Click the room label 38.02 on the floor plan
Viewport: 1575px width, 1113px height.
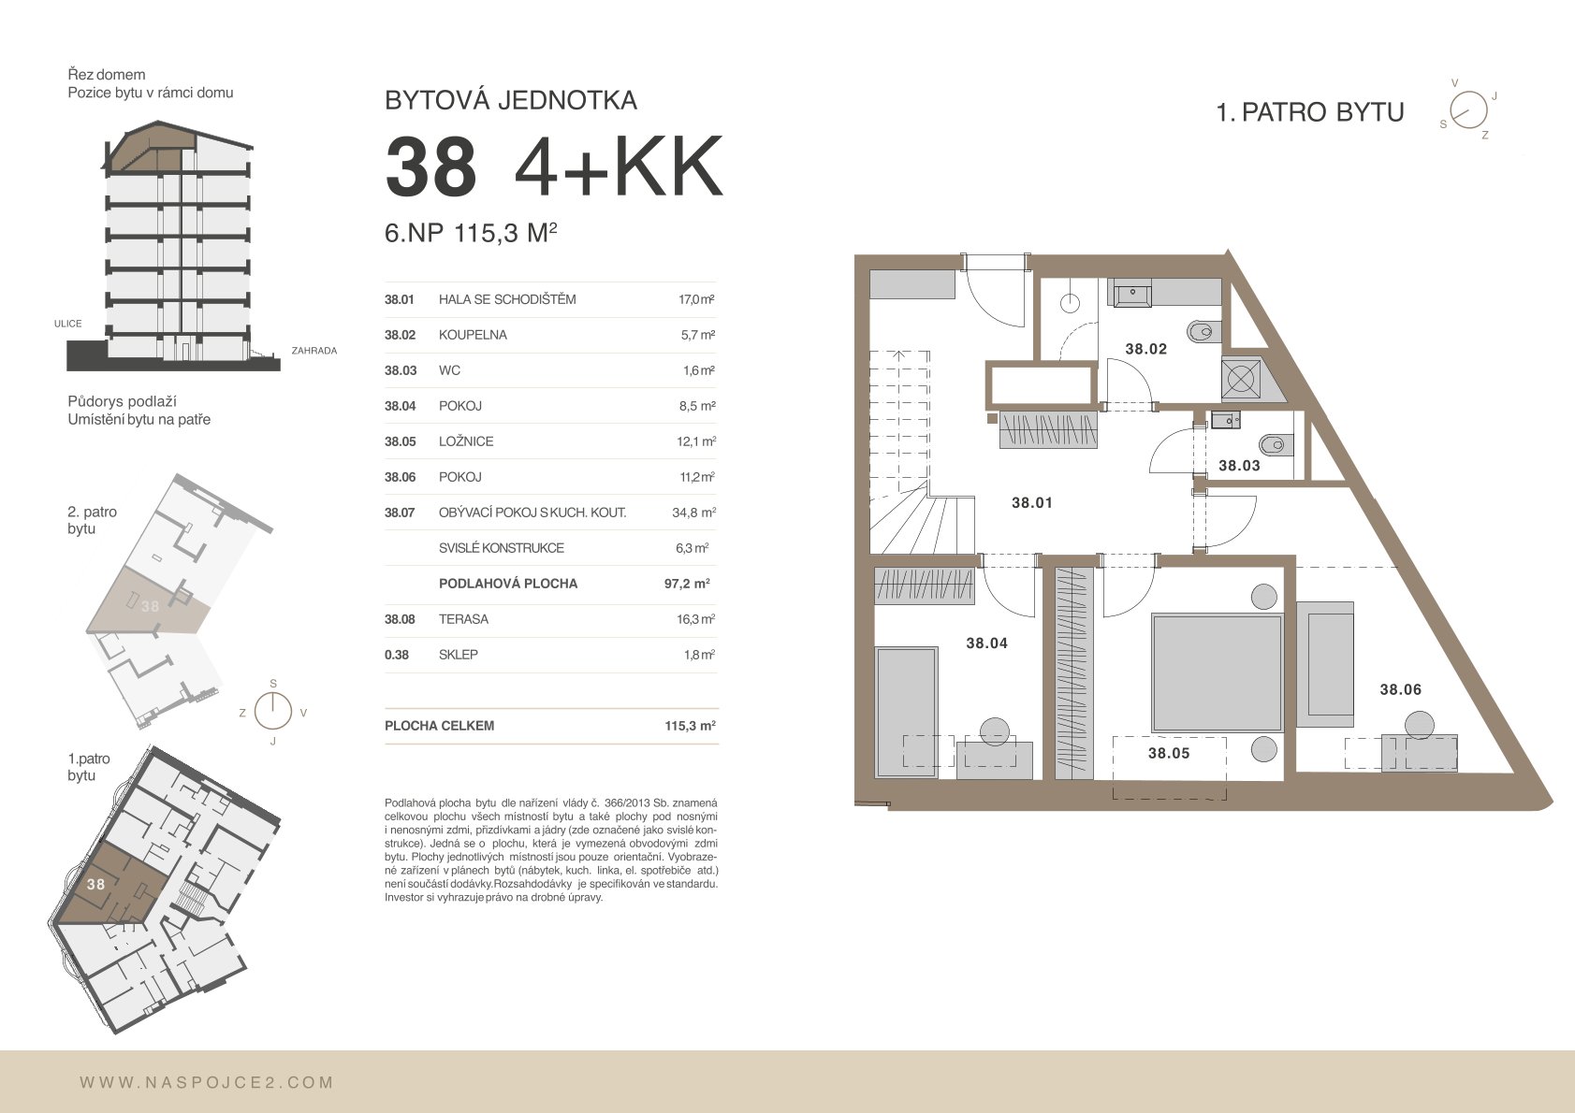point(1145,349)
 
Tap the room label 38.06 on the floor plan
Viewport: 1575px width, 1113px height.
point(1400,689)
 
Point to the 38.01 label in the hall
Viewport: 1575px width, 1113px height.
point(1031,502)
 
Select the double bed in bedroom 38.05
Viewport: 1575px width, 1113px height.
point(1217,673)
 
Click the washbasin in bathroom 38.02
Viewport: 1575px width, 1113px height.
point(1132,293)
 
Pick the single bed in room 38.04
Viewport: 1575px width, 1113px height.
point(906,713)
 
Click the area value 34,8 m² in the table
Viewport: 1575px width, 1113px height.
point(693,513)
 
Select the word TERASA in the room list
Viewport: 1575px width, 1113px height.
point(463,619)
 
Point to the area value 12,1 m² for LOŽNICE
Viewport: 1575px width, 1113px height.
point(696,441)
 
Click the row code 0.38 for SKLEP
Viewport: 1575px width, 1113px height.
point(397,655)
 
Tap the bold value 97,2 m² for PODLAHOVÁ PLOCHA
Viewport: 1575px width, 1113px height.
point(687,584)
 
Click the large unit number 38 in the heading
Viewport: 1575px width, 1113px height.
point(430,167)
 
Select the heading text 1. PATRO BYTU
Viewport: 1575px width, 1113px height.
point(1310,112)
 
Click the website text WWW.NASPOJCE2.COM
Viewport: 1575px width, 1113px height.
point(206,1083)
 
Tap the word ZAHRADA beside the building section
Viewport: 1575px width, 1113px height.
point(314,351)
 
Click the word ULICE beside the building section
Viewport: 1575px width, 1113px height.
point(68,324)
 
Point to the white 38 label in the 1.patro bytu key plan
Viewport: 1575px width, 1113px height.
point(95,884)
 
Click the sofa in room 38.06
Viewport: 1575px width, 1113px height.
point(1325,664)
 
